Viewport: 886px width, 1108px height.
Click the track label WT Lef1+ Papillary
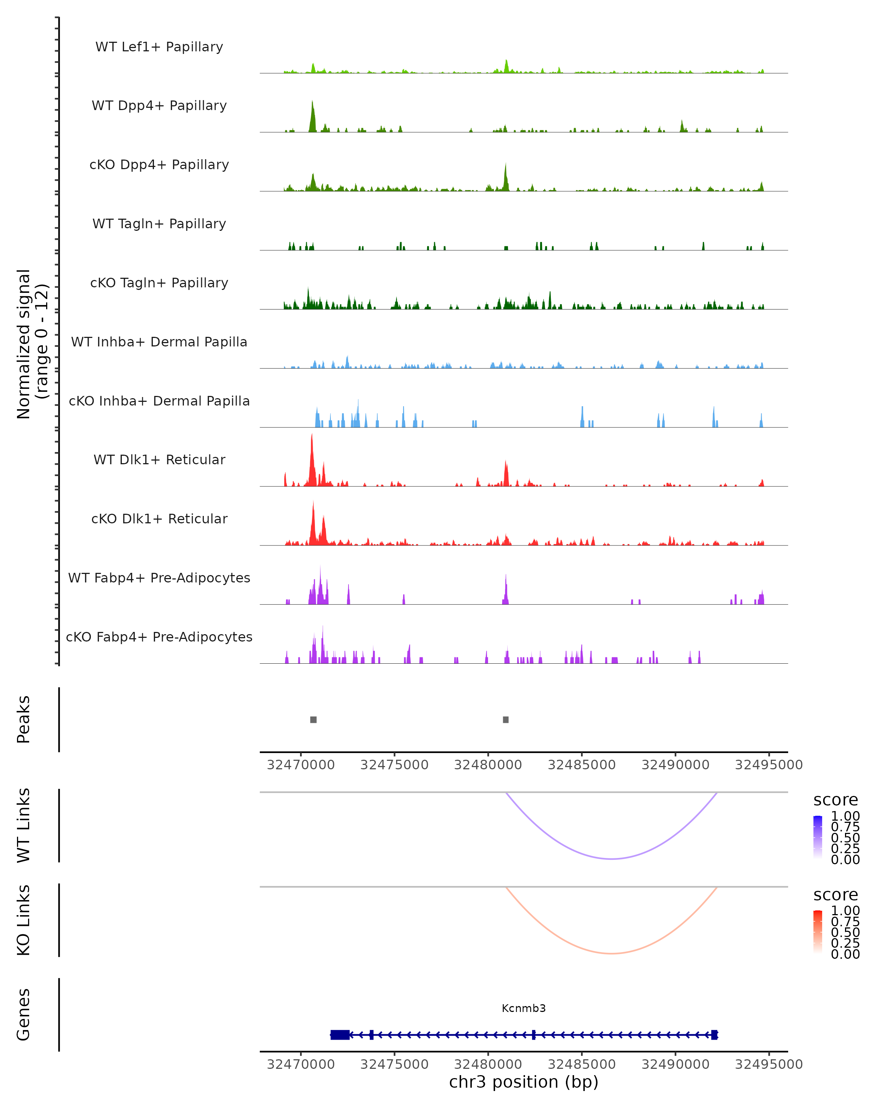[159, 47]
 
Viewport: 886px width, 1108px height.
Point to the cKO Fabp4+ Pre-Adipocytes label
[159, 637]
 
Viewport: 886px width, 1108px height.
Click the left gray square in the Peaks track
[313, 719]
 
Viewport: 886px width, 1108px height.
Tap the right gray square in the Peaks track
[506, 719]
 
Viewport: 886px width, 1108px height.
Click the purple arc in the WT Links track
[611, 859]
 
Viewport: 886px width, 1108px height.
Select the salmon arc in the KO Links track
[611, 953]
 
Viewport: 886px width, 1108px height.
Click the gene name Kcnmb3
[523, 1008]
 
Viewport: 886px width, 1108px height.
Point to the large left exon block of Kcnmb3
[340, 1035]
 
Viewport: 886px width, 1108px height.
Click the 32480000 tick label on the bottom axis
[488, 1064]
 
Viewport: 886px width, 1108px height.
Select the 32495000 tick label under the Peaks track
[769, 765]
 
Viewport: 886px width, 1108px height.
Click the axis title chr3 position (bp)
[523, 1082]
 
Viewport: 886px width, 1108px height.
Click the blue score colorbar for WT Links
[818, 837]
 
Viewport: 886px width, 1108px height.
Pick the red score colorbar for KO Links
[818, 931]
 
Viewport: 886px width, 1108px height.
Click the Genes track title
[24, 1015]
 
